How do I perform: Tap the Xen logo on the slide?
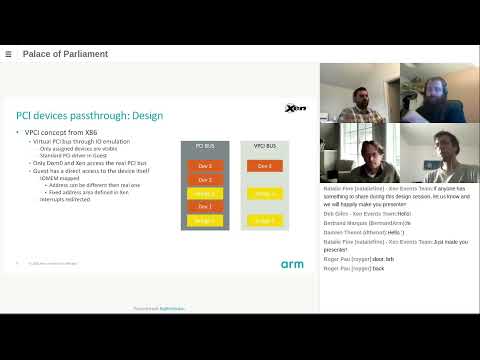click(294, 109)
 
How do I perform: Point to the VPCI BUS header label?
click(263, 146)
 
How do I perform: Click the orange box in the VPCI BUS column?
click(263, 166)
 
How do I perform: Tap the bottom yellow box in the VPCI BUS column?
click(263, 220)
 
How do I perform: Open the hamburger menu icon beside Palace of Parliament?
click(8, 54)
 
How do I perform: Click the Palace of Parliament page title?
click(62, 54)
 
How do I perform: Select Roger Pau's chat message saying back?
click(360, 269)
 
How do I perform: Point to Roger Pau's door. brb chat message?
click(366, 259)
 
